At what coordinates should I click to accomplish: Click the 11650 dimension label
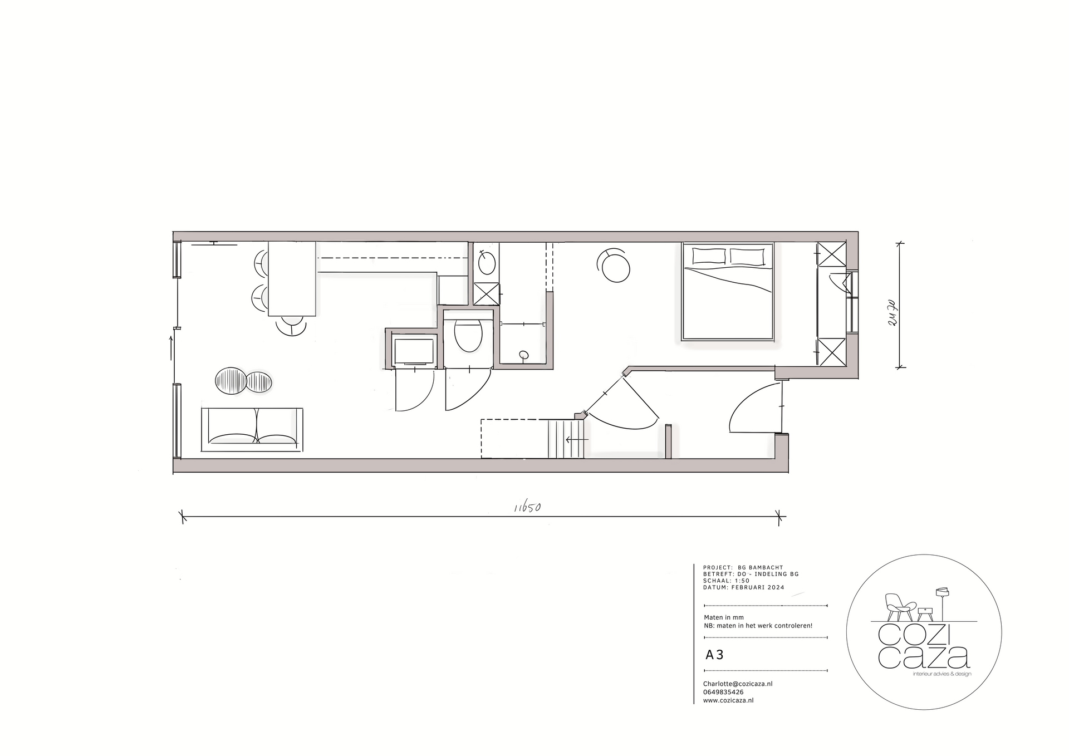pos(528,507)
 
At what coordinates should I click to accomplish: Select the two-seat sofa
pos(252,430)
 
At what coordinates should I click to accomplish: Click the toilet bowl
pos(468,334)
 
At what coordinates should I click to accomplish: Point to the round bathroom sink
pos(487,263)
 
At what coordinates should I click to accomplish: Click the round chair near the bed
pos(615,267)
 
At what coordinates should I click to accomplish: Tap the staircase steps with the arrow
pos(566,439)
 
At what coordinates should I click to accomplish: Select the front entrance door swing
pos(754,406)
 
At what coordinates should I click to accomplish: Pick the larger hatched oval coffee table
pos(231,381)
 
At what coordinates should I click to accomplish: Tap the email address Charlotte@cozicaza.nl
pos(737,684)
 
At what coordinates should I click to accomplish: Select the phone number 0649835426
pos(723,692)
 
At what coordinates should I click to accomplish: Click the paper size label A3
pos(714,655)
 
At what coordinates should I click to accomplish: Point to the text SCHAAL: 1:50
pos(726,581)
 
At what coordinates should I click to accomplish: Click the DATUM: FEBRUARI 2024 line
pos(743,587)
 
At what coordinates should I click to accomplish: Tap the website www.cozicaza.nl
pos(728,700)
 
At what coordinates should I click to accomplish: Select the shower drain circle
pos(523,355)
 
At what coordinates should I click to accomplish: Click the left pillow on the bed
pos(709,256)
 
